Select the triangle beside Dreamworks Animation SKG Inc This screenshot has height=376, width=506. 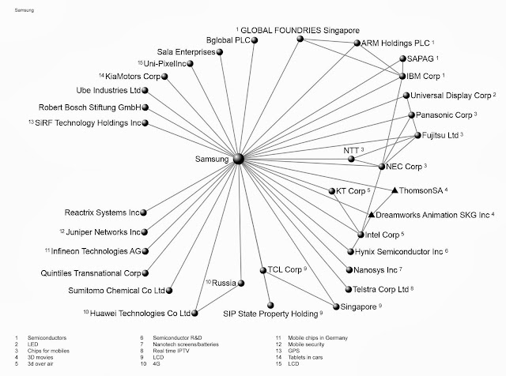click(371, 214)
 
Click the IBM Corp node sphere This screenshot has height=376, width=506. click(399, 77)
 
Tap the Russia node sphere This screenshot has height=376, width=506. click(242, 282)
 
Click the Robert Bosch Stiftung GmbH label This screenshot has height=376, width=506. click(90, 107)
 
